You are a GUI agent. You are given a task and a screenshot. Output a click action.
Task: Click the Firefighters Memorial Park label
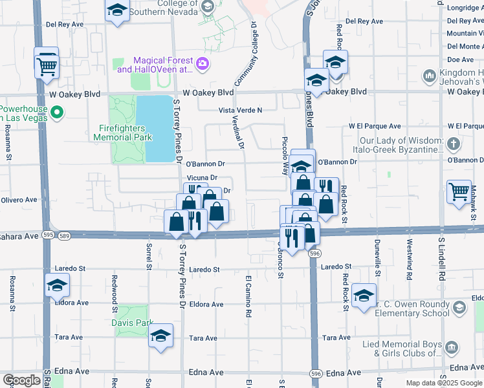pos(122,132)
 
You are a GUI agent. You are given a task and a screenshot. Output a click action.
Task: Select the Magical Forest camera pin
pos(202,63)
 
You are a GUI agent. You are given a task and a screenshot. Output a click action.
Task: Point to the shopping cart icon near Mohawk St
pos(459,191)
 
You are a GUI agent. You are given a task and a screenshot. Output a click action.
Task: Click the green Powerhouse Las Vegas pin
pos(57,113)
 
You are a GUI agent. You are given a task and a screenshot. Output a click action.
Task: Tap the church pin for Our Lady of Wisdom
pos(454,144)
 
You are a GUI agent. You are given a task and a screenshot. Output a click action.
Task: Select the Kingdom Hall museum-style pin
pos(430,76)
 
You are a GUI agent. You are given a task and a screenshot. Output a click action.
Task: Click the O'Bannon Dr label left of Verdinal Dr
pos(205,164)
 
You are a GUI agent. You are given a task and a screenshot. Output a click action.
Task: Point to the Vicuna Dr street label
pos(201,177)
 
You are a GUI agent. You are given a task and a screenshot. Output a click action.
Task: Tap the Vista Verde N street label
pos(240,111)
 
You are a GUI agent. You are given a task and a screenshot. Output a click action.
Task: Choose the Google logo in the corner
pos(21,380)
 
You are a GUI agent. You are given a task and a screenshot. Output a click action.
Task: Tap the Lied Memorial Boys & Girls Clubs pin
pos(450,348)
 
